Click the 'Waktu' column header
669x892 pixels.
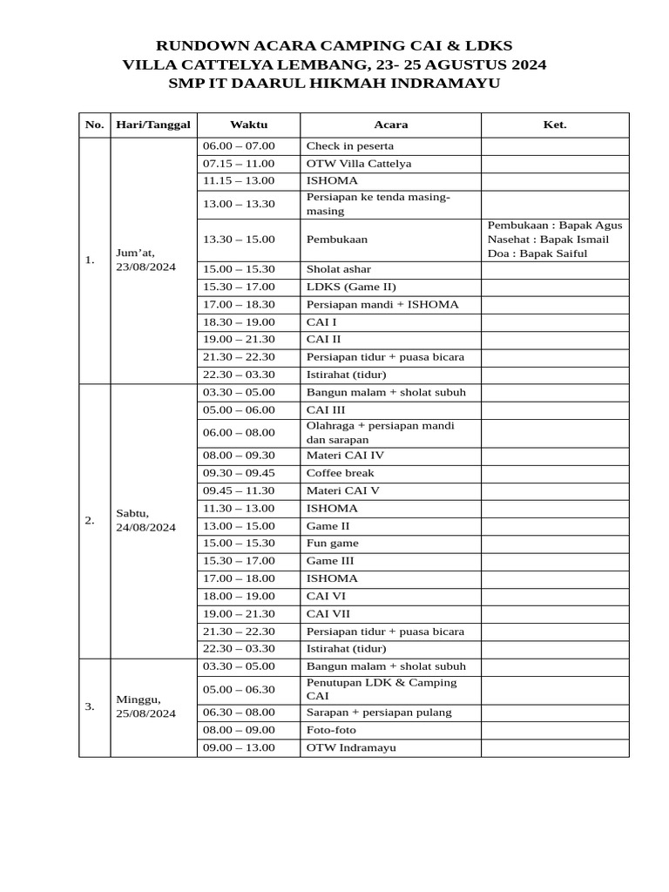coord(248,125)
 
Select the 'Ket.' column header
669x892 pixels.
coord(555,125)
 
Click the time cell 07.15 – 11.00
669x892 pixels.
coord(239,164)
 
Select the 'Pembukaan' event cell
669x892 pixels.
coord(336,240)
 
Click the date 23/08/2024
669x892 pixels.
coord(145,267)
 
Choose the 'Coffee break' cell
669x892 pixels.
coord(340,473)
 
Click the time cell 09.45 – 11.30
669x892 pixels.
coord(239,490)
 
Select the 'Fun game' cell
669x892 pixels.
coord(332,544)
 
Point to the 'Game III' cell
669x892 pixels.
coord(330,561)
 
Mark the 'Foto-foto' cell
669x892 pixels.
coord(332,730)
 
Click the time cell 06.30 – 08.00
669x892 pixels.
coord(239,713)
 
